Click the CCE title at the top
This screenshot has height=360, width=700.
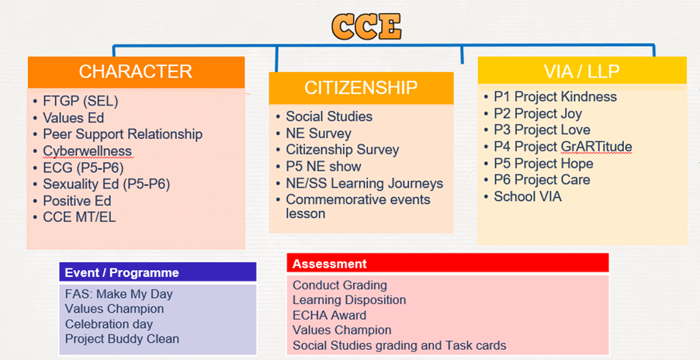coord(366,26)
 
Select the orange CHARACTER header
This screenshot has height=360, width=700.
coord(136,72)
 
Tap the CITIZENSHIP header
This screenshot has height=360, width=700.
coord(361,88)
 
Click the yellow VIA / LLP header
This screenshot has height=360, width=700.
coord(582,71)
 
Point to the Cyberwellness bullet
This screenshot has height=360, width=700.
coord(87,151)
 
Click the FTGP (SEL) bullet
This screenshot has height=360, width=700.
coord(81,102)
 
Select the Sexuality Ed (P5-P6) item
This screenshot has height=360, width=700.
coord(106,184)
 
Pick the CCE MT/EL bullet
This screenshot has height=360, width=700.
coord(79,217)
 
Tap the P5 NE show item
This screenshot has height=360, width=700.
coord(323,166)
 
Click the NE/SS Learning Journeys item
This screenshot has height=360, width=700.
coord(364,183)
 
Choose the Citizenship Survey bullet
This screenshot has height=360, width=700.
coord(342,150)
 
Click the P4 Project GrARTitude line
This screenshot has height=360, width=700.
coord(563,147)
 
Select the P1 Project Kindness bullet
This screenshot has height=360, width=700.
coord(555,97)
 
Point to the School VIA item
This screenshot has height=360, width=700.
coord(527,196)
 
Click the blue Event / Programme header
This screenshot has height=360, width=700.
coord(158,272)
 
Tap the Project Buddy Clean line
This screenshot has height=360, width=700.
coord(122,338)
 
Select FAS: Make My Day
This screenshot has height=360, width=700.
coord(119,294)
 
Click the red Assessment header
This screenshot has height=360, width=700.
coord(448,263)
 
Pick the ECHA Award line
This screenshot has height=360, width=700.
coord(330,315)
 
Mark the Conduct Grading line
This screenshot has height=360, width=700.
coord(340,285)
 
